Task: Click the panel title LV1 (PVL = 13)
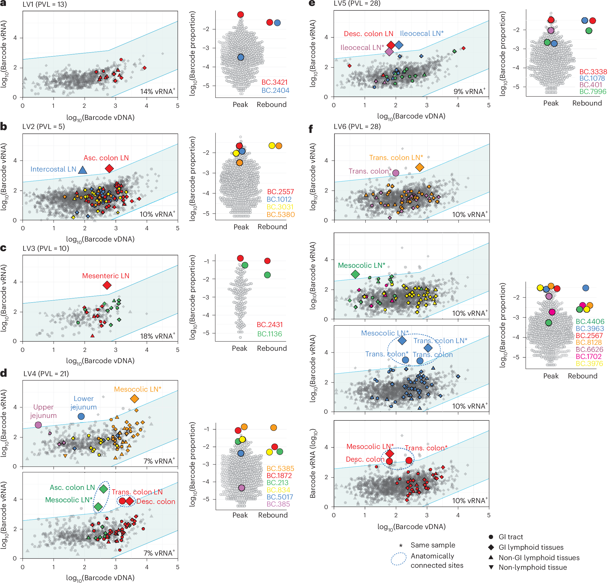[x=44, y=4]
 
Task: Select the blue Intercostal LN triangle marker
[x=82, y=170]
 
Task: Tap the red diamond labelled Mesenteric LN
[x=107, y=285]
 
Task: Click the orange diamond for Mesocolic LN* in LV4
[x=134, y=398]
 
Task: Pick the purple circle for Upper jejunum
[x=38, y=424]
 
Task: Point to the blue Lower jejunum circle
[x=81, y=416]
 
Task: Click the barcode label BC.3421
[x=274, y=82]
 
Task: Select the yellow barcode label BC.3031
[x=280, y=207]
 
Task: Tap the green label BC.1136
[x=269, y=334]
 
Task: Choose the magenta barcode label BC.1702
[x=588, y=356]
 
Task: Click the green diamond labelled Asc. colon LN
[x=104, y=488]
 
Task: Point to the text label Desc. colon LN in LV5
[x=368, y=34]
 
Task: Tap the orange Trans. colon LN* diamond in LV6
[x=419, y=167]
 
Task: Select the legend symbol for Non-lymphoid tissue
[x=491, y=567]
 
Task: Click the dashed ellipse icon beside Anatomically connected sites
[x=399, y=559]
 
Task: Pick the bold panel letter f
[x=311, y=128]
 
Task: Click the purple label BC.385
[x=278, y=504]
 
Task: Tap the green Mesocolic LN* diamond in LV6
[x=355, y=274]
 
